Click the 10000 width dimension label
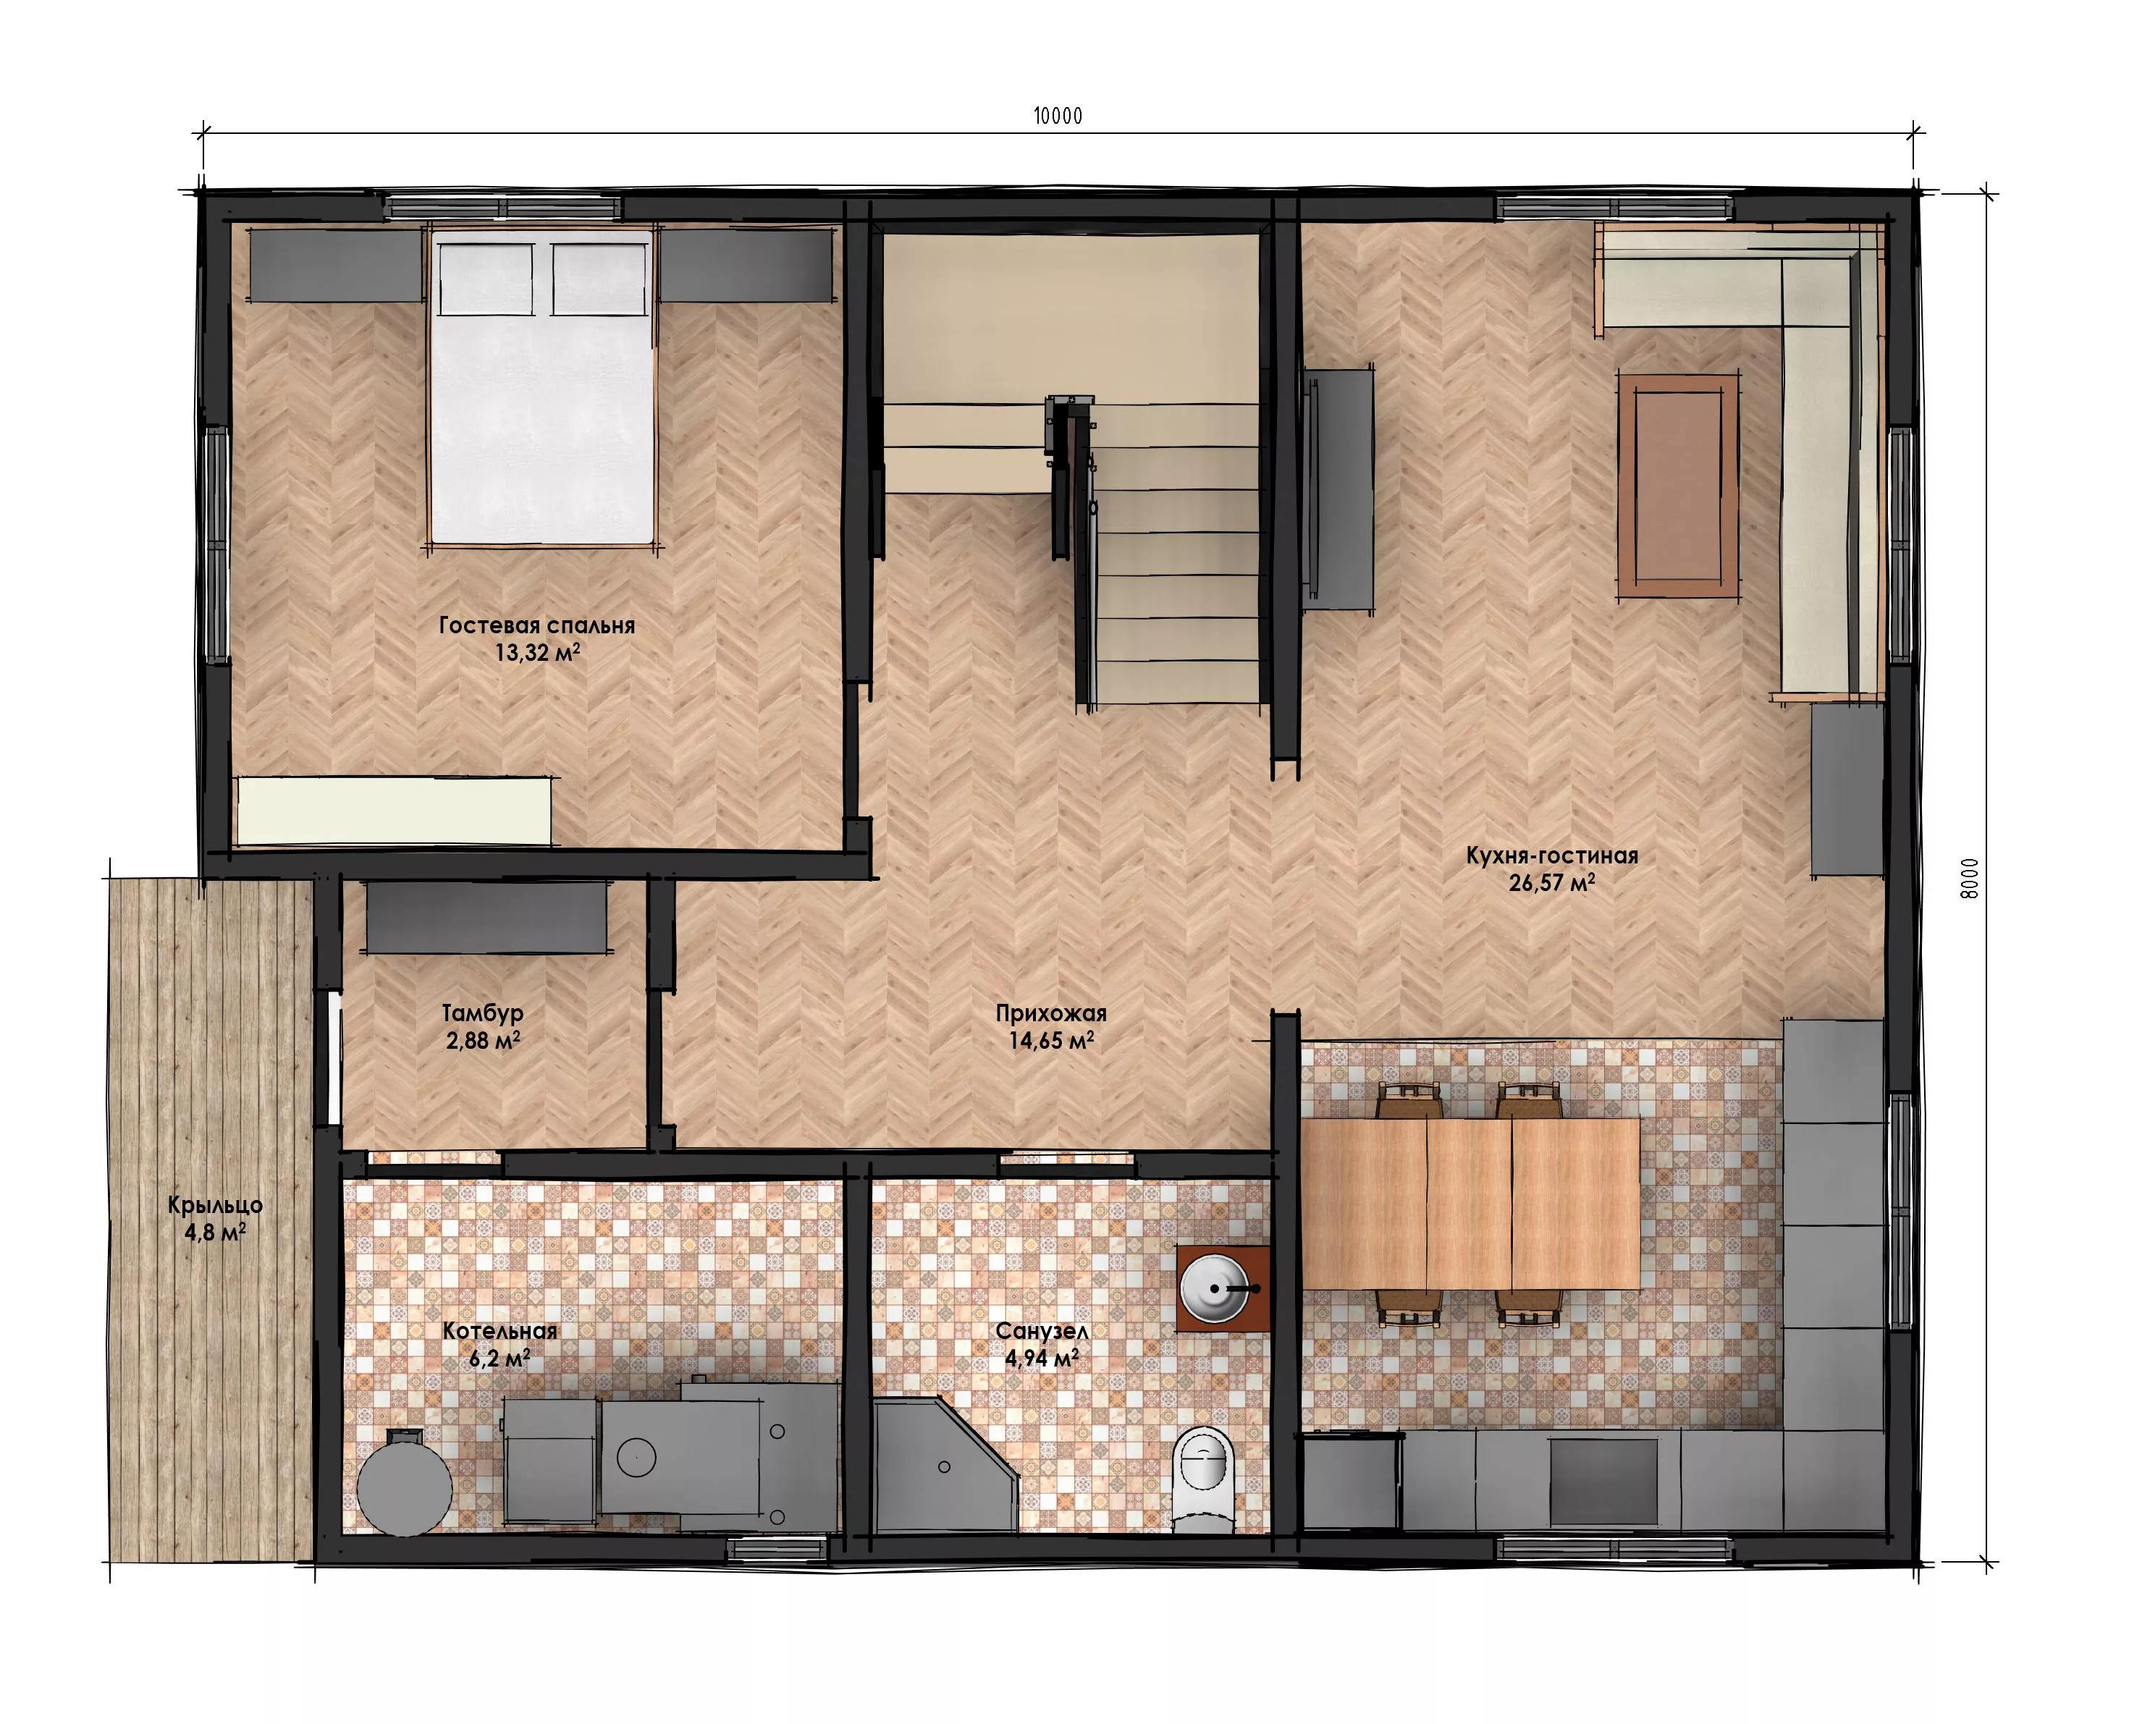point(1058,117)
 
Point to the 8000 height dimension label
point(1970,878)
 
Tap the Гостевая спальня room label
point(537,625)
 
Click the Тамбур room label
point(483,1014)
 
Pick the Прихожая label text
point(1050,1014)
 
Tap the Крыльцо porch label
point(216,1206)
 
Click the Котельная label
point(500,1332)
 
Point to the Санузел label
point(1042,1332)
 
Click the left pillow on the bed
point(486,279)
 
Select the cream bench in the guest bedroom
point(395,811)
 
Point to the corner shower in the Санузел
point(943,1465)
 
